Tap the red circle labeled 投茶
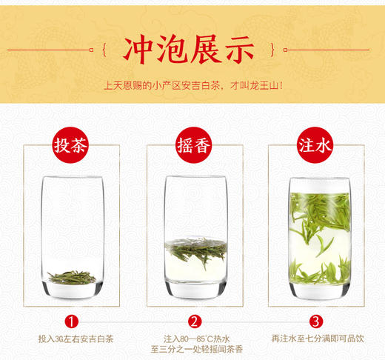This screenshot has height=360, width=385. coord(71,144)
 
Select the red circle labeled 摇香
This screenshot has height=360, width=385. coord(193,144)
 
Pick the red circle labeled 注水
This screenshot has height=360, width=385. coord(315,144)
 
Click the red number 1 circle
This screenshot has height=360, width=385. coord(71,321)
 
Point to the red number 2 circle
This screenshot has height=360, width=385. coord(194,321)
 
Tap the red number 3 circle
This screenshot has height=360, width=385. coord(315,321)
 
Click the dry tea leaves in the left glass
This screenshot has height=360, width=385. coord(71,277)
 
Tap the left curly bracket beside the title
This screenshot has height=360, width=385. coord(104,50)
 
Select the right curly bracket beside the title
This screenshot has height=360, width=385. coord(279,50)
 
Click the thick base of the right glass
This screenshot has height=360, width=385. coord(315,290)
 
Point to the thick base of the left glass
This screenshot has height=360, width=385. coord(71,291)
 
